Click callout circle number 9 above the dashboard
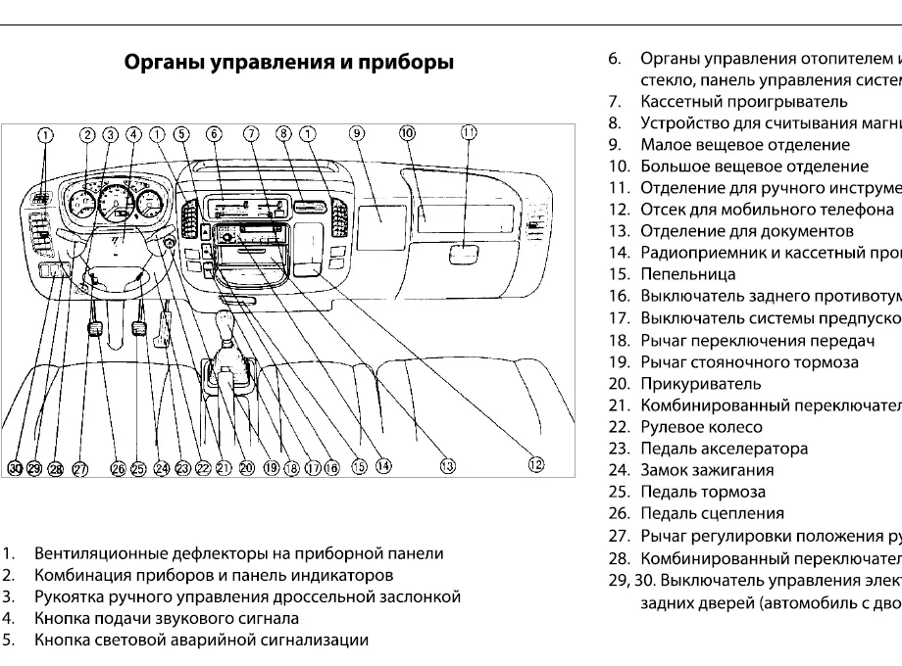357,133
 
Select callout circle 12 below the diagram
536,466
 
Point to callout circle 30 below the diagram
16,469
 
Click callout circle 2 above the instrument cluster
87,135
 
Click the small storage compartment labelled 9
382,226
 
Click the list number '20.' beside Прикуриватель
618,384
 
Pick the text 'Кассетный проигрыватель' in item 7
743,102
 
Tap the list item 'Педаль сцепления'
712,513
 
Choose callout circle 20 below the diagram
245,468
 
